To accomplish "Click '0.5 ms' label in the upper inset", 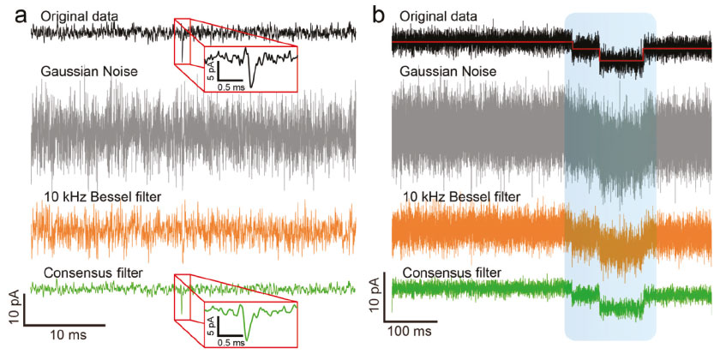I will click(230, 87).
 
